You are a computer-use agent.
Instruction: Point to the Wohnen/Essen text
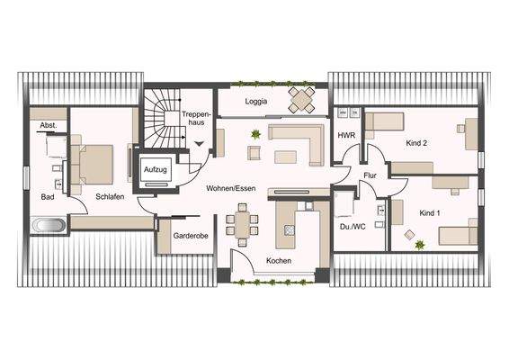point(231,189)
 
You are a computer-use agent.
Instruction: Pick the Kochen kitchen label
point(278,261)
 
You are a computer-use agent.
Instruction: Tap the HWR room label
point(346,135)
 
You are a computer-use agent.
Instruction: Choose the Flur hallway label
point(369,176)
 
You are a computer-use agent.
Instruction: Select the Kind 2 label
point(416,142)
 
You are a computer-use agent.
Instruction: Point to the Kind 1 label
point(430,212)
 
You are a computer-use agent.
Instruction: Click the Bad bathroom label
point(47,196)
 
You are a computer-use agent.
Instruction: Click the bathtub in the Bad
point(50,224)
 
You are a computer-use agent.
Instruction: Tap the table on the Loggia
point(302,98)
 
